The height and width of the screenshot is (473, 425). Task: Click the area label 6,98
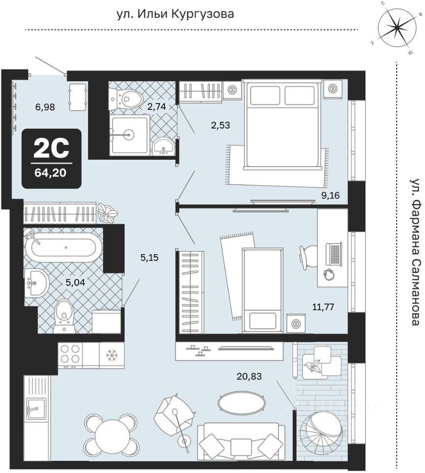pyautogui.click(x=45, y=107)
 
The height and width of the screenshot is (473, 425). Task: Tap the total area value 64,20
pyautogui.click(x=51, y=173)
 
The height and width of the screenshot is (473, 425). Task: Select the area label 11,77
pyautogui.click(x=324, y=307)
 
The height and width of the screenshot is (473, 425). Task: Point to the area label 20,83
pyautogui.click(x=249, y=376)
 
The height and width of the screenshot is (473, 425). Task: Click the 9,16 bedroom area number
pyautogui.click(x=331, y=196)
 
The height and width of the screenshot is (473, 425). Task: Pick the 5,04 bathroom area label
pyautogui.click(x=75, y=282)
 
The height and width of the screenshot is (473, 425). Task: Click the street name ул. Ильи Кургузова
pyautogui.click(x=175, y=14)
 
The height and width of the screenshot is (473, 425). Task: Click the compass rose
pyautogui.click(x=397, y=29)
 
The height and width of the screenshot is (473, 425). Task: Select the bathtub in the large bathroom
pyautogui.click(x=64, y=247)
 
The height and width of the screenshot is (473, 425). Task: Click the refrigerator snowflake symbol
pyautogui.click(x=112, y=355)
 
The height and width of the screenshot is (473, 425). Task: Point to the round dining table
pyautogui.click(x=111, y=435)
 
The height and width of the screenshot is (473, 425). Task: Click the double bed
pyautogui.click(x=282, y=123)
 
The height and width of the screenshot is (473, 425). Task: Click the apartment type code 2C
pyautogui.click(x=51, y=149)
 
